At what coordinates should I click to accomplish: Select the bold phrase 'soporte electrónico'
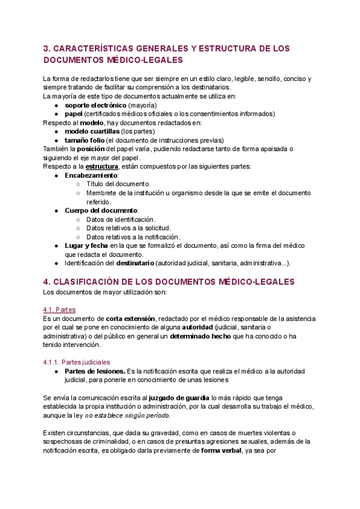[95, 105]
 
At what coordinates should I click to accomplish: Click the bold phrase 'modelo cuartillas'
[92, 131]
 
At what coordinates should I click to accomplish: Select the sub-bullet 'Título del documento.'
[118, 184]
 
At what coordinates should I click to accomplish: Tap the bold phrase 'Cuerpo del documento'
[101, 211]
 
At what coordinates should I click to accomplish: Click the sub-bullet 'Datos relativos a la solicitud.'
[128, 228]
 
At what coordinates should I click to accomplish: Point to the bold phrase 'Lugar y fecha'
[86, 246]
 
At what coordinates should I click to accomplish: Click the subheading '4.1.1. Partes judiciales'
[77, 363]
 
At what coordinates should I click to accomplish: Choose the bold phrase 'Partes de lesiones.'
[95, 371]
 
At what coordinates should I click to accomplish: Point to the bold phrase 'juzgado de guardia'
[179, 398]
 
